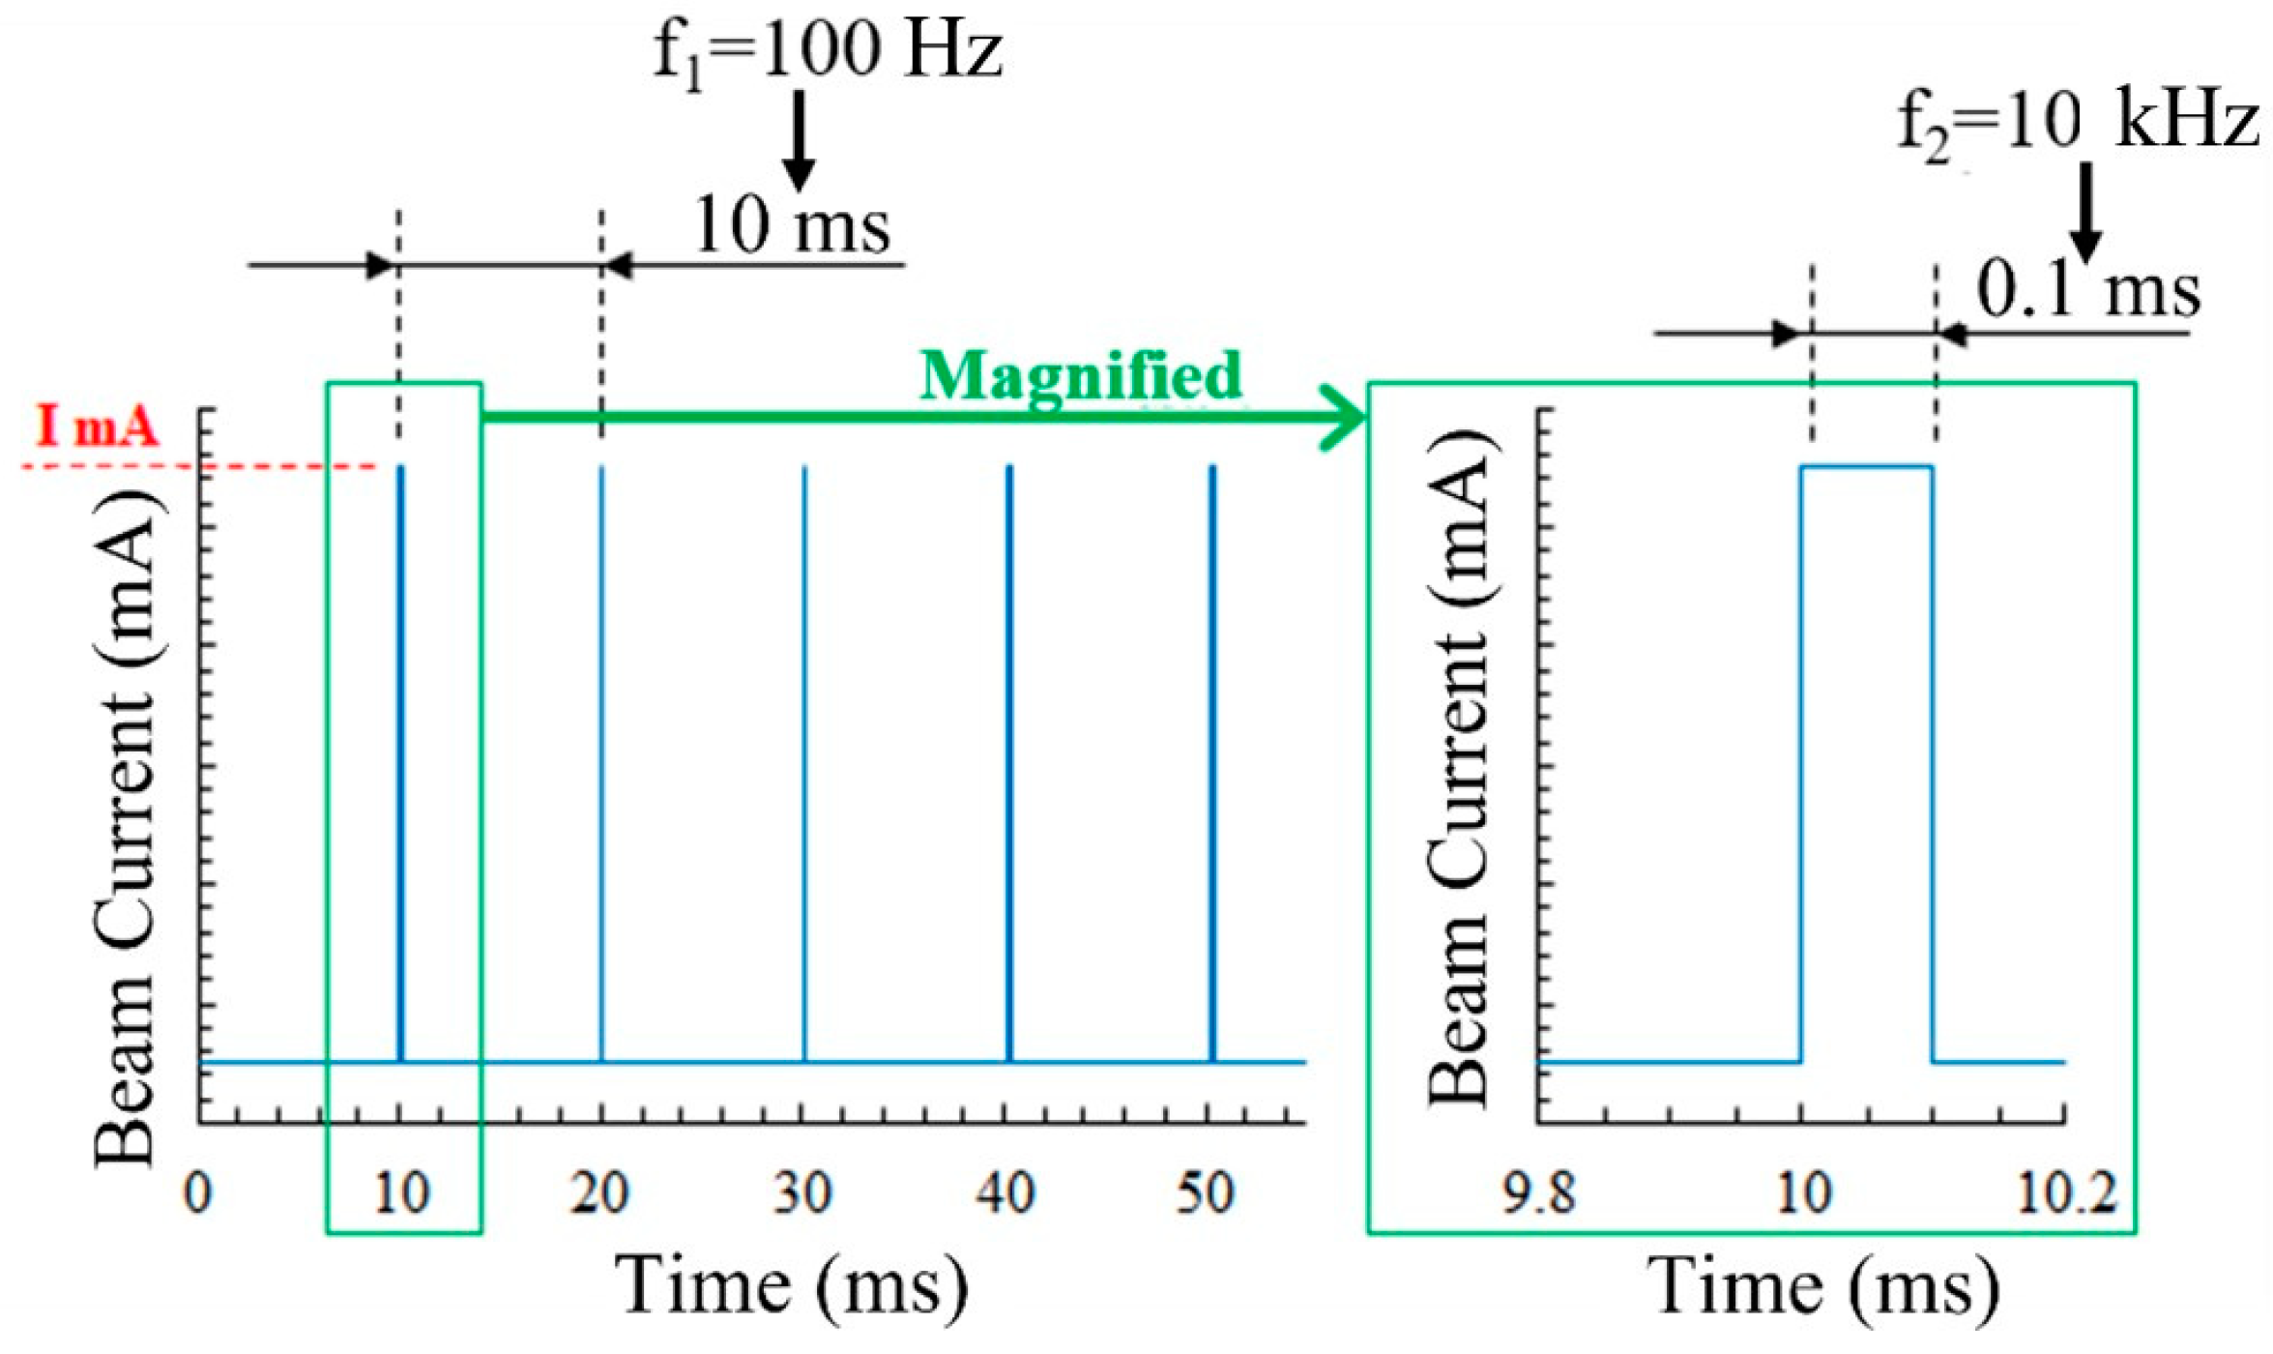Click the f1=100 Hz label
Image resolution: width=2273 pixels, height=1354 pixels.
[827, 50]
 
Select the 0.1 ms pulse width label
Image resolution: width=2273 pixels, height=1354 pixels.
[2088, 290]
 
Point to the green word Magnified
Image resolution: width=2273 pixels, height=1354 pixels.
[1080, 375]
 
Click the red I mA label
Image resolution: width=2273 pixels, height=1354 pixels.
[97, 427]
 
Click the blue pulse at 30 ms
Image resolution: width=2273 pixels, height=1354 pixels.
[804, 764]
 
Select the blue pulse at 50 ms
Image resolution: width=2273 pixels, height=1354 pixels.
[1212, 764]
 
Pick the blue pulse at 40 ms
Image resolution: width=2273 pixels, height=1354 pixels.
[1009, 764]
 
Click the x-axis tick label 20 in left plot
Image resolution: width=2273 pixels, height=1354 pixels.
[600, 1192]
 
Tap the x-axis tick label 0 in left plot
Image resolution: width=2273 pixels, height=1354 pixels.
[197, 1192]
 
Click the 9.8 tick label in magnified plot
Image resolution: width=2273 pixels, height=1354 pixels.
[1538, 1192]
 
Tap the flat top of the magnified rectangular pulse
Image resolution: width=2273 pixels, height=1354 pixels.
[1866, 467]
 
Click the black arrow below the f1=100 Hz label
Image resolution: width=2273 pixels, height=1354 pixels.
[799, 140]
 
